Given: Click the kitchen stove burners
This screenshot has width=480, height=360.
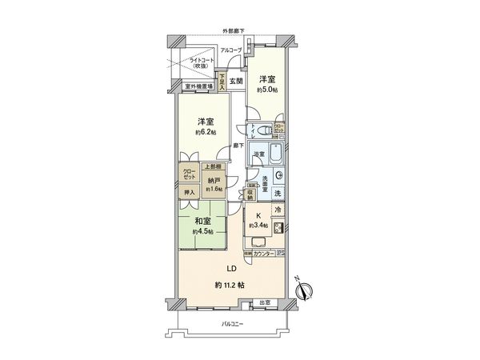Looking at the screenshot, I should [x=277, y=228].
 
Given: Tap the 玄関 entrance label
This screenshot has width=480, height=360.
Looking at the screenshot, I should [x=235, y=82].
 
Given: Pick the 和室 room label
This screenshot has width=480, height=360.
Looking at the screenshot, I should [x=202, y=222].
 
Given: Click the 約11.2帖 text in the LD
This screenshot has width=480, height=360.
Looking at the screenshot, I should [x=228, y=285].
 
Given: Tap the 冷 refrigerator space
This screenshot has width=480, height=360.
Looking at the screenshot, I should [x=278, y=210].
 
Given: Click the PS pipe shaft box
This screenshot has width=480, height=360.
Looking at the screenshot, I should [x=280, y=254].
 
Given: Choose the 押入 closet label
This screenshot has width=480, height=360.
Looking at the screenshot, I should [x=190, y=192].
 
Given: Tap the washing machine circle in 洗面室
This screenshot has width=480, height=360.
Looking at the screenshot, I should [x=278, y=176].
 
